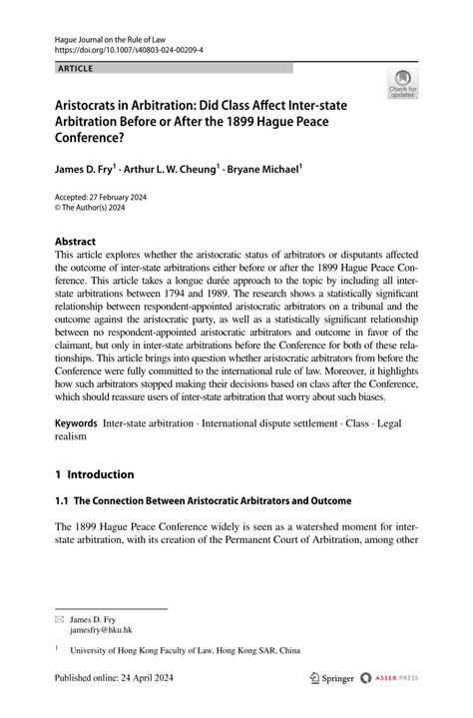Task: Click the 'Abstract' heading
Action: point(75,242)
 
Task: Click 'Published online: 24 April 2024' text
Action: point(123,678)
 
